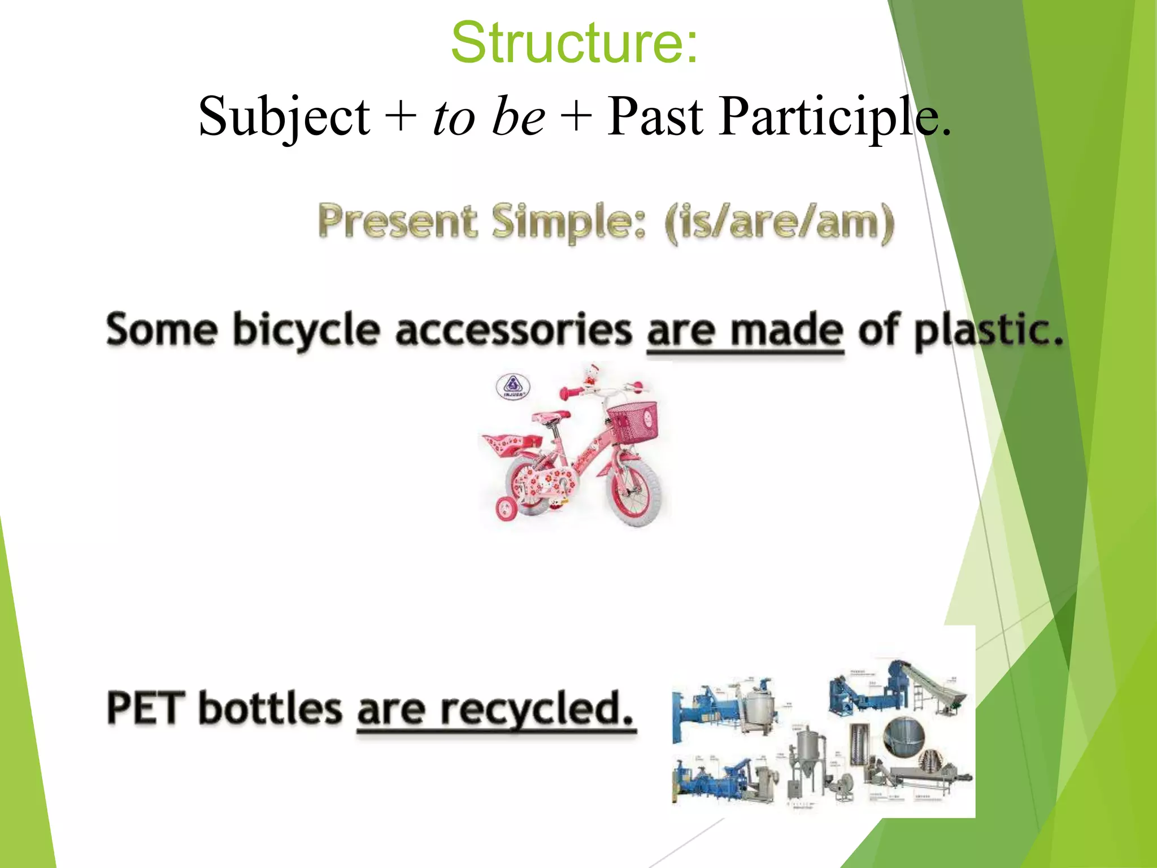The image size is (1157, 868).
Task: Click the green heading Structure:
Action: [x=574, y=42]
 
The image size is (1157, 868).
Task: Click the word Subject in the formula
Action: [x=284, y=117]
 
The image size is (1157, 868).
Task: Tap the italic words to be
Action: [x=489, y=117]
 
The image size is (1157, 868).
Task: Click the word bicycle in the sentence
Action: [x=306, y=331]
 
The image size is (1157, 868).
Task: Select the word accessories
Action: [x=513, y=331]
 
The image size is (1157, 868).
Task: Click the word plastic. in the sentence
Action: [x=989, y=331]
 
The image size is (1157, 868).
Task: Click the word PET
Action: [x=145, y=708]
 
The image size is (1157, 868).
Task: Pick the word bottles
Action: [x=270, y=708]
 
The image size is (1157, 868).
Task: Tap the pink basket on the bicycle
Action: [x=633, y=422]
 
